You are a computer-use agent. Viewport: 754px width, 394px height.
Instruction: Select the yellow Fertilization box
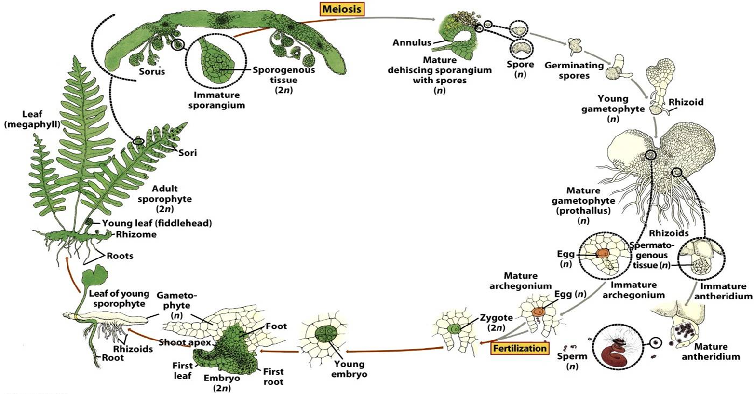519,348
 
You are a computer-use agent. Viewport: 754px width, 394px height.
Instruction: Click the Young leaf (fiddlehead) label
157,223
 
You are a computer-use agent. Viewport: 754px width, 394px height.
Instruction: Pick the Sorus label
152,72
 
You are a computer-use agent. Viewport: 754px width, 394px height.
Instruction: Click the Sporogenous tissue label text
283,70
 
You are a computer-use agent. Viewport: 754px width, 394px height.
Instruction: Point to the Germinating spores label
574,70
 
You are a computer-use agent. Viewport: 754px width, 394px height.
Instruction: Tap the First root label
273,377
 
